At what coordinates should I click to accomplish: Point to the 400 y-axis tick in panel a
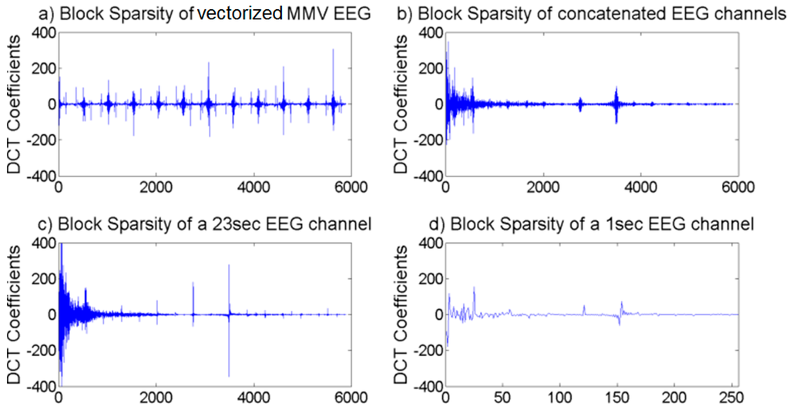click(43, 33)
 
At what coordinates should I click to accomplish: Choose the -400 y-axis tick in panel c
click(40, 385)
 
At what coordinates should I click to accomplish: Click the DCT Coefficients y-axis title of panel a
click(13, 105)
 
